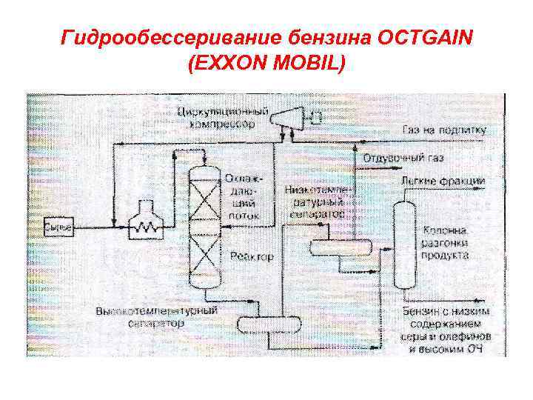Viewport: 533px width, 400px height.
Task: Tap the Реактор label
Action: (x=252, y=256)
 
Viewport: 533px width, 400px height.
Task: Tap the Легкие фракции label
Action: (x=443, y=181)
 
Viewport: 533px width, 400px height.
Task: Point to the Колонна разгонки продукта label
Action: (x=445, y=242)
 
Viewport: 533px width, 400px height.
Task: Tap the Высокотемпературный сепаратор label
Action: (x=156, y=317)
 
